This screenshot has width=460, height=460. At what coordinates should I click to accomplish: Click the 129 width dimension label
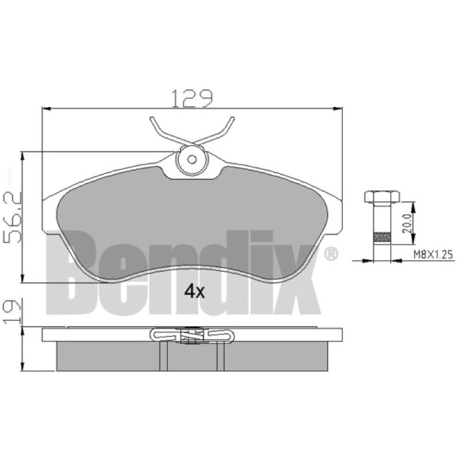pos(191,98)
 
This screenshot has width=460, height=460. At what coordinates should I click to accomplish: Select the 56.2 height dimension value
pos(13,217)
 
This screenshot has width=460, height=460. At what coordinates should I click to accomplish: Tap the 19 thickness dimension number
pos(13,311)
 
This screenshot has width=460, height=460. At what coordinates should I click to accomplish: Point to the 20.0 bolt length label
pos(407,224)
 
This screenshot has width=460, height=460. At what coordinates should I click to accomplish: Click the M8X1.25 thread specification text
pos(433,254)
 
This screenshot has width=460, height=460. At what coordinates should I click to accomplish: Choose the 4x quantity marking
pos(194,292)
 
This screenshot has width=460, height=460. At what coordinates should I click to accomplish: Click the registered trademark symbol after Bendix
pos(331,254)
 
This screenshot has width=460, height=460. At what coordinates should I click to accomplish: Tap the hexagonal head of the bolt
pos(382,197)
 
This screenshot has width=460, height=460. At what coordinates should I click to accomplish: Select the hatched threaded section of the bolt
pos(382,237)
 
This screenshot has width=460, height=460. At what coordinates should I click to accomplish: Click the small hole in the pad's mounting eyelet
pos(192,160)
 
